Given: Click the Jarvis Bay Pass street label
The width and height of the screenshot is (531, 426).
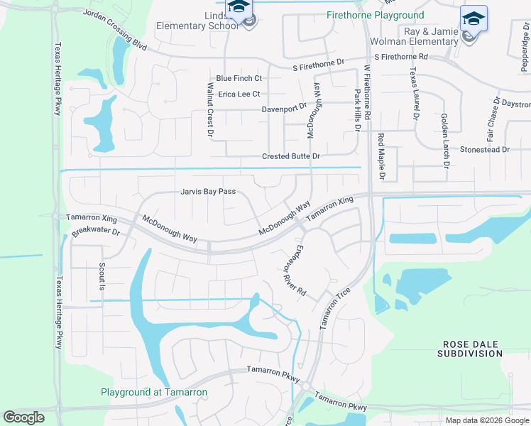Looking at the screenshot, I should pyautogui.click(x=207, y=192).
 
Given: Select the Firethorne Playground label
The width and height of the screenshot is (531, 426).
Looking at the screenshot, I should pyautogui.click(x=375, y=15).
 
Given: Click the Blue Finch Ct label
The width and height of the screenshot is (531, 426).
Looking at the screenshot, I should pyautogui.click(x=239, y=78).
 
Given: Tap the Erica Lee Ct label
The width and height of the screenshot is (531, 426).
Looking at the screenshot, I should pyautogui.click(x=239, y=94).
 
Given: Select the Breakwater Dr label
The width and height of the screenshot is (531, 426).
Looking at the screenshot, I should pyautogui.click(x=96, y=232).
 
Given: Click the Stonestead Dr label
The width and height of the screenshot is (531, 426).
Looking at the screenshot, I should pyautogui.click(x=485, y=150).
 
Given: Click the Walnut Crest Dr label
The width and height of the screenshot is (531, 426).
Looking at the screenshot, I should pyautogui.click(x=210, y=109).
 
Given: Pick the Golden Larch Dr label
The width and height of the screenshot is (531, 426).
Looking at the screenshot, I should pyautogui.click(x=445, y=140).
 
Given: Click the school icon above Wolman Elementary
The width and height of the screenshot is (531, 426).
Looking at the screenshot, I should pyautogui.click(x=473, y=18).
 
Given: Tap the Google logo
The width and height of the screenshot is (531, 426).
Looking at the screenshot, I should pyautogui.click(x=23, y=417).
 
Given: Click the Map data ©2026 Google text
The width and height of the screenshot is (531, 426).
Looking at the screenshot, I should pyautogui.click(x=487, y=420).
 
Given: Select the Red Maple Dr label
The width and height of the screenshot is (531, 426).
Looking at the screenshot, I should pyautogui.click(x=381, y=156).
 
